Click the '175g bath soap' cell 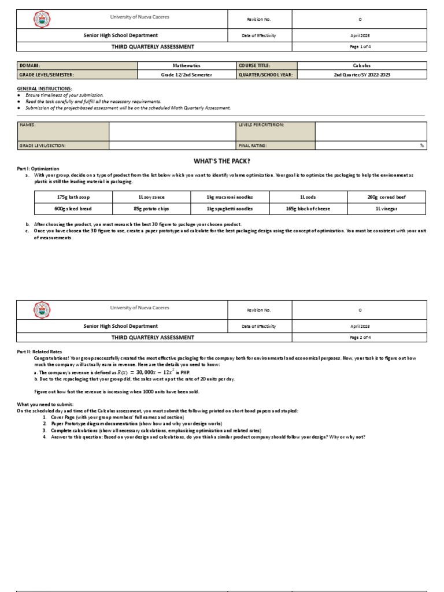(x=73, y=197)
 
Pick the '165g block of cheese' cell (x=308, y=209)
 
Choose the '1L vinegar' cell (x=386, y=209)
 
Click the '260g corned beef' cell (x=386, y=197)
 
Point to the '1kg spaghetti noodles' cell (x=230, y=209)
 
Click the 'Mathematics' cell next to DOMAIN (x=186, y=66)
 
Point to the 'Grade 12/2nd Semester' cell (x=186, y=75)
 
